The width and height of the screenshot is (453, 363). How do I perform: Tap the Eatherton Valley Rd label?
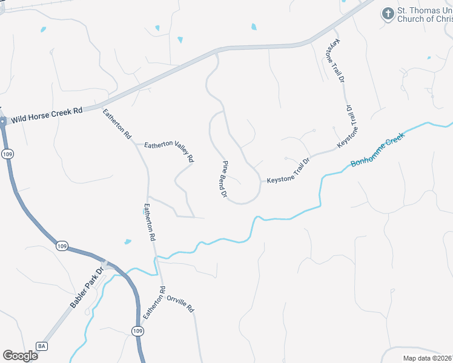[169, 151]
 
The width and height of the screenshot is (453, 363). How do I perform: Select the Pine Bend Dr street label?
[224, 180]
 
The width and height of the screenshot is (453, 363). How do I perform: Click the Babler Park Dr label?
[87, 288]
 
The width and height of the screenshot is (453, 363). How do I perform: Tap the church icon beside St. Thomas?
[388, 13]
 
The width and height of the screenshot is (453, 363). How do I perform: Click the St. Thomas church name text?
[425, 15]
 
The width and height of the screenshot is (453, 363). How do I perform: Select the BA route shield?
[42, 346]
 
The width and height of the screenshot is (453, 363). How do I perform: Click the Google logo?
[20, 355]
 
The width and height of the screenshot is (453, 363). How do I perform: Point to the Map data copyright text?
[428, 358]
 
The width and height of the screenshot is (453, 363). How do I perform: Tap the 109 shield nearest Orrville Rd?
[137, 330]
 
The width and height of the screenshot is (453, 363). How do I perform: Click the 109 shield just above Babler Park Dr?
[62, 246]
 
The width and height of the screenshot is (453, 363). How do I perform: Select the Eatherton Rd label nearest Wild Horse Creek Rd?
[117, 125]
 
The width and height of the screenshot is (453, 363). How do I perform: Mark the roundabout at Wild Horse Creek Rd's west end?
[2, 121]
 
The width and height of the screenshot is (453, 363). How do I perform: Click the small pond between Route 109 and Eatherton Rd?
[128, 242]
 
